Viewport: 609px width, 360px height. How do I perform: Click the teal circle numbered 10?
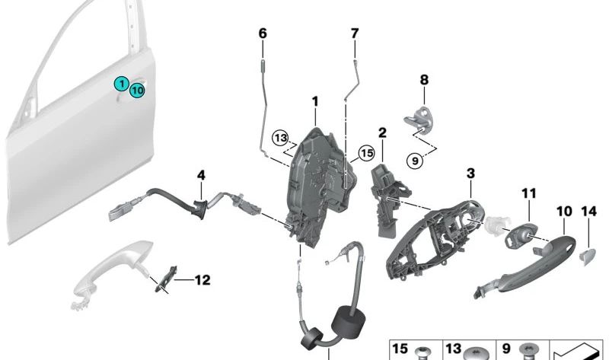137,91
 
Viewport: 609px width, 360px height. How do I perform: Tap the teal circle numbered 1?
122,84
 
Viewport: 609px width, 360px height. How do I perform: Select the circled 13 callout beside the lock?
280,138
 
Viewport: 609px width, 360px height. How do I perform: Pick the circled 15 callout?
367,153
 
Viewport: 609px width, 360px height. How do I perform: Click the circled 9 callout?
415,161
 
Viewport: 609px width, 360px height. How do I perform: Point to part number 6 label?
263,33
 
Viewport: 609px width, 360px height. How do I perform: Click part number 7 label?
355,33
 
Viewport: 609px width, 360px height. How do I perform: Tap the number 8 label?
424,80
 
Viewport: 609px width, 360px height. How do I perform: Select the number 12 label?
202,280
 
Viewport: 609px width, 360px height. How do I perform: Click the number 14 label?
588,212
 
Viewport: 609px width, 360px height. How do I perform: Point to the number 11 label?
528,193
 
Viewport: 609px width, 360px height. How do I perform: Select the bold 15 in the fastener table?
400,349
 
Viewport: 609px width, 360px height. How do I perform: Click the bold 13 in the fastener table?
453,349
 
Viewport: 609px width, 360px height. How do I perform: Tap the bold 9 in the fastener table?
505,349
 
